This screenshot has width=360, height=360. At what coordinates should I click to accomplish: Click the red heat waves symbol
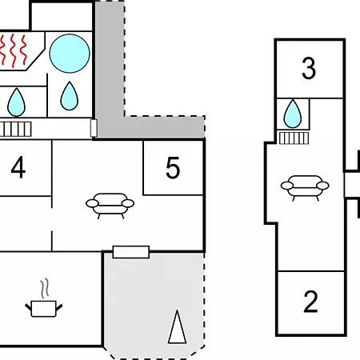click(x=14, y=50)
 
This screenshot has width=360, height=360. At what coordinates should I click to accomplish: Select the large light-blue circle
click(x=70, y=54)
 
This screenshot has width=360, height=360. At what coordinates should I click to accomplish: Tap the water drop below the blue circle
click(x=70, y=96)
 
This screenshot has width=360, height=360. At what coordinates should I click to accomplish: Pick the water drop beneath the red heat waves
click(x=16, y=102)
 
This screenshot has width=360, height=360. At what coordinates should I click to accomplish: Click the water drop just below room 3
click(x=293, y=114)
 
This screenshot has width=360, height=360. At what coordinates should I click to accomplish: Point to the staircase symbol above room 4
click(x=15, y=129)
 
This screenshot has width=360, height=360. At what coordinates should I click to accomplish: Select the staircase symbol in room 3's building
click(x=294, y=138)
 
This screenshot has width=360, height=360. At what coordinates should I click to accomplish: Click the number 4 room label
click(x=18, y=167)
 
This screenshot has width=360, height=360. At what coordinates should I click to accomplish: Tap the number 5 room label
click(x=173, y=167)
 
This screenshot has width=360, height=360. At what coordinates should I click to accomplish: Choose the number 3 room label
click(x=309, y=68)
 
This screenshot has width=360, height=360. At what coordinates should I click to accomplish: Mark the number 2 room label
click(x=310, y=302)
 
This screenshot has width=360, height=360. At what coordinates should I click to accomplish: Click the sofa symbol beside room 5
click(x=110, y=206)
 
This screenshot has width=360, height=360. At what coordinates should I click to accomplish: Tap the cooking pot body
click(x=43, y=309)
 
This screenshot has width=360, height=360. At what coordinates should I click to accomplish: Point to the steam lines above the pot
click(x=45, y=288)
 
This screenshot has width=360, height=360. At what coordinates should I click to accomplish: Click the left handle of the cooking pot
click(x=28, y=307)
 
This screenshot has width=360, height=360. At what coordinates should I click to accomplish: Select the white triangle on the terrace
click(x=177, y=327)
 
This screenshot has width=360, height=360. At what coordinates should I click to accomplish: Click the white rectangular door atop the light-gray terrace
click(x=131, y=252)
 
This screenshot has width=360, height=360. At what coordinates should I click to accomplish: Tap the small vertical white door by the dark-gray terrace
click(x=94, y=128)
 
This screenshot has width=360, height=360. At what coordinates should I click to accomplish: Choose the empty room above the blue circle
click(x=62, y=17)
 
